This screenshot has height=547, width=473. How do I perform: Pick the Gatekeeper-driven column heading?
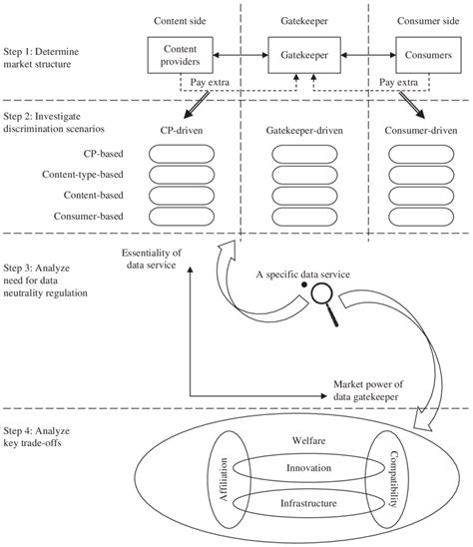(298, 130)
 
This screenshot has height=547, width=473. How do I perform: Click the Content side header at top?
(179, 20)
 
